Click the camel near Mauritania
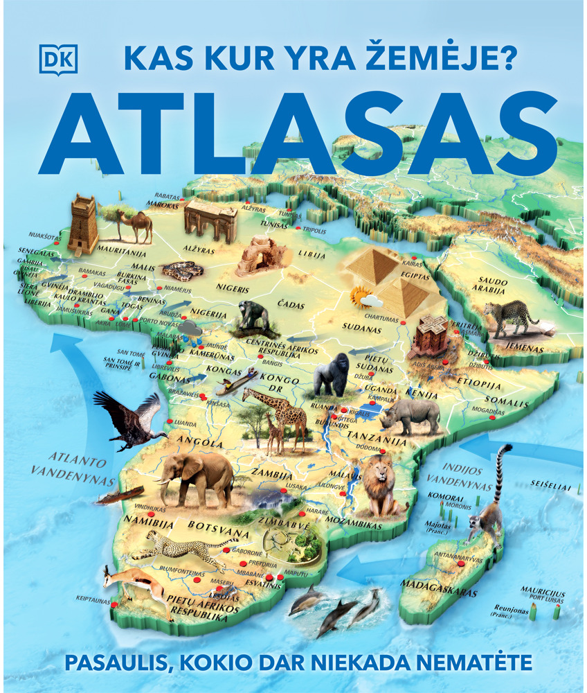(x=135, y=225)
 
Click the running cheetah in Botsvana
(x=178, y=547)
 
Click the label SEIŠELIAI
(x=550, y=487)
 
